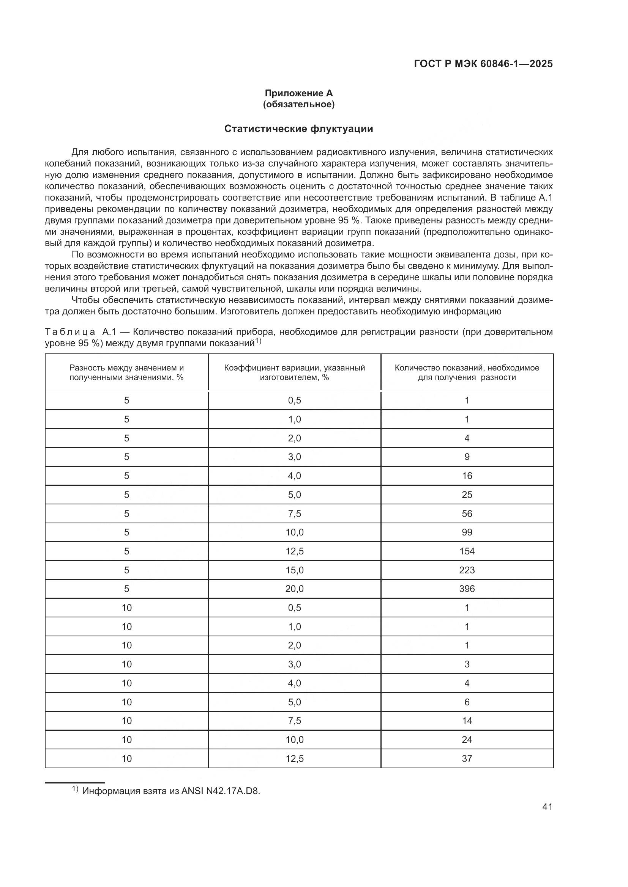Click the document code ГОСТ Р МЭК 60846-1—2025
click(483, 64)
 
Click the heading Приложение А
click(298, 93)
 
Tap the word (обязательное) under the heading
click(298, 104)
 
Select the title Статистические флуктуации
click(298, 129)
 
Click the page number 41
click(547, 807)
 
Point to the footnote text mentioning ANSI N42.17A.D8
click(171, 791)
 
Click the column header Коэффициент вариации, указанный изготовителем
click(294, 372)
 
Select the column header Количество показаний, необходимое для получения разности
click(467, 372)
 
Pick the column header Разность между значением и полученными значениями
click(126, 372)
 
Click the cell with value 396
click(467, 589)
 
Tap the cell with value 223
click(467, 570)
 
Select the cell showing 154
click(467, 551)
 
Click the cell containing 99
click(467, 532)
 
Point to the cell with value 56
click(467, 513)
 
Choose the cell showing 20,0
click(294, 589)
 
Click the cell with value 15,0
click(294, 570)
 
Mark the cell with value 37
click(467, 758)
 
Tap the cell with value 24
click(467, 739)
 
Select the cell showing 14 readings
click(467, 721)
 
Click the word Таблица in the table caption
click(70, 332)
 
